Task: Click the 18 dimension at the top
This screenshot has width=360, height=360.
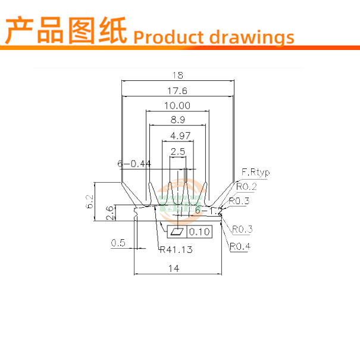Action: pyautogui.click(x=177, y=76)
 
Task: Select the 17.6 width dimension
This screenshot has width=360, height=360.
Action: pyautogui.click(x=177, y=91)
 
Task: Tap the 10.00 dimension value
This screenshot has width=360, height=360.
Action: pyautogui.click(x=177, y=106)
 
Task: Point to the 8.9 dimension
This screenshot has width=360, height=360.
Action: pyautogui.click(x=177, y=120)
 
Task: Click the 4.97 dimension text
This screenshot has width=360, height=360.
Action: pyautogui.click(x=177, y=136)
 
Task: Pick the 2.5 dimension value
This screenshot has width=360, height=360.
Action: pyautogui.click(x=177, y=152)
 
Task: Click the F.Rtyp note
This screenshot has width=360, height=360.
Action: pyautogui.click(x=255, y=173)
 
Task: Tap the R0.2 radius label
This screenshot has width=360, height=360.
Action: pyautogui.click(x=246, y=187)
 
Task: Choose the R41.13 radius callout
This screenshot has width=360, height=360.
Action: pyautogui.click(x=176, y=250)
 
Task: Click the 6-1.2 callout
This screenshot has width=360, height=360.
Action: pyautogui.click(x=208, y=211)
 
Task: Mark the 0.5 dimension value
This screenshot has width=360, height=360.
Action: pyautogui.click(x=118, y=242)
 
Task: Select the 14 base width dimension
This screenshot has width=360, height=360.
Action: pyautogui.click(x=174, y=269)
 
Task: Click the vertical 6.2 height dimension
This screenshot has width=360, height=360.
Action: pyautogui.click(x=90, y=201)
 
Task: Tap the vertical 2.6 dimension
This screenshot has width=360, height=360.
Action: pyautogui.click(x=109, y=213)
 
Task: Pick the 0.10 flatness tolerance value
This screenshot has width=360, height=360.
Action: pyautogui.click(x=199, y=232)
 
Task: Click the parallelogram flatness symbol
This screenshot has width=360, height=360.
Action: pyautogui.click(x=177, y=232)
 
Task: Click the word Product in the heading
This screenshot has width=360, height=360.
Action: pyautogui.click(x=170, y=37)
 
